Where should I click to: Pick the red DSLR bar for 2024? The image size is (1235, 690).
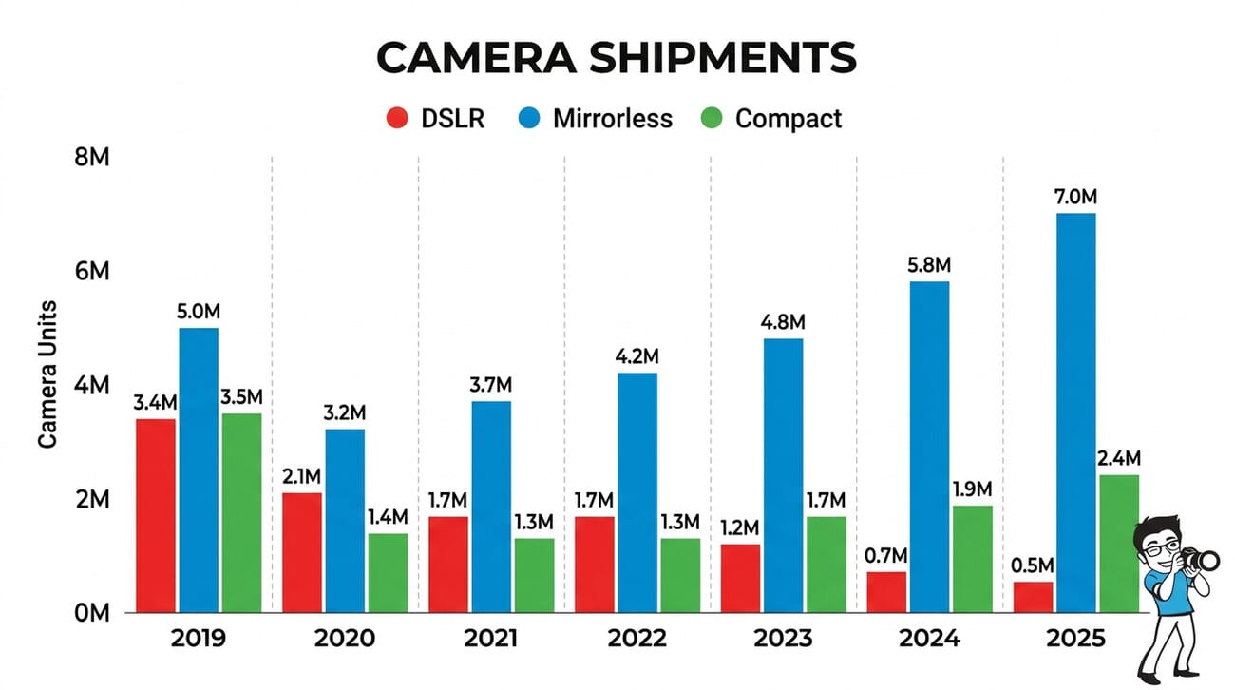(886, 592)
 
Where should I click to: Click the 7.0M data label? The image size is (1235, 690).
(1075, 197)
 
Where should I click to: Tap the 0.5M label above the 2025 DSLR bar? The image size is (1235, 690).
(1030, 565)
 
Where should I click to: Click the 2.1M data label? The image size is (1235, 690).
(301, 475)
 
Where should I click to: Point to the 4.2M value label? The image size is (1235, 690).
(636, 356)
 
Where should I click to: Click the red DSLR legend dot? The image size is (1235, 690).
(396, 119)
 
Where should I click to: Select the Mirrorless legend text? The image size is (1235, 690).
(612, 119)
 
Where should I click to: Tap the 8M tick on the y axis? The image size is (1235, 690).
(92, 158)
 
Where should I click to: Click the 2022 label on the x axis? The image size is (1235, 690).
(636, 638)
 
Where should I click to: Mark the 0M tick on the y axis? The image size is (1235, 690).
(92, 613)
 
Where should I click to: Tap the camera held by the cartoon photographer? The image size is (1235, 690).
(1201, 560)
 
